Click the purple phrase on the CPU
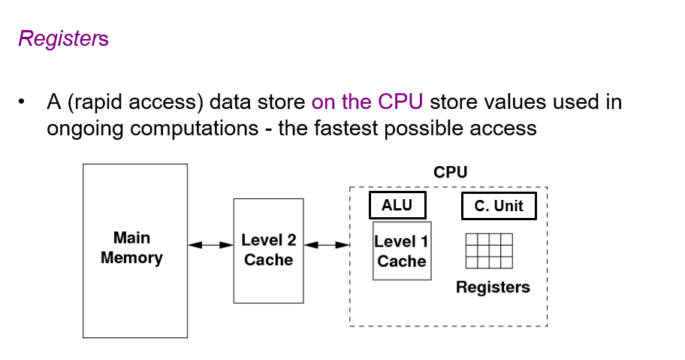click(368, 101)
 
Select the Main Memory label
click(131, 248)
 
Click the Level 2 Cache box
click(268, 250)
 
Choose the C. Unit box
click(499, 206)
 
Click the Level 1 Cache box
click(402, 251)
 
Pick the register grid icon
click(489, 251)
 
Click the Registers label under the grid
click(493, 287)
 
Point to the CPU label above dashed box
click(451, 173)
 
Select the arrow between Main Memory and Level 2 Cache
click(210, 244)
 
